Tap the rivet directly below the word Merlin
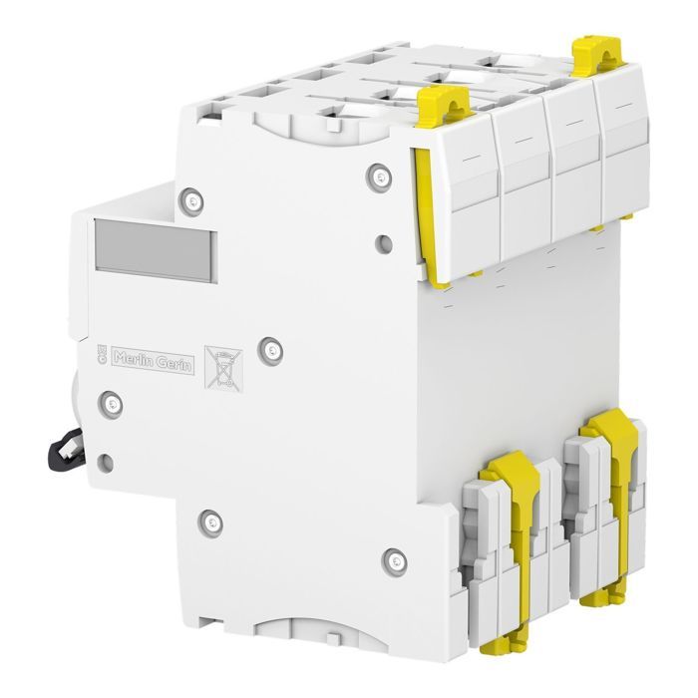112,401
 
